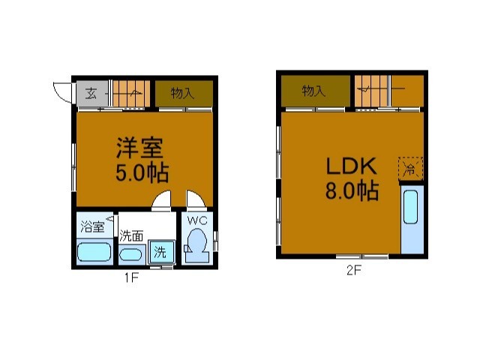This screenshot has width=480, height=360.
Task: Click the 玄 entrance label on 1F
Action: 90,94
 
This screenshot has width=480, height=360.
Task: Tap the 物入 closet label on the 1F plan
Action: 183,93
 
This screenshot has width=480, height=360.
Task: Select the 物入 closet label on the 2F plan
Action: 313,91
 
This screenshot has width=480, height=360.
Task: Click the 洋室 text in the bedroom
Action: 139,146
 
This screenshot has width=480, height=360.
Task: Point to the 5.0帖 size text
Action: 141,172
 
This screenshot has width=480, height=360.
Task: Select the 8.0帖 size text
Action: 350,191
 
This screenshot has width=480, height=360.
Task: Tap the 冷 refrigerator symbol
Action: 411,167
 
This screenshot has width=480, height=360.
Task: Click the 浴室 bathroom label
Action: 94,223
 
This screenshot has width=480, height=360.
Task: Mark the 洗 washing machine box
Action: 160,250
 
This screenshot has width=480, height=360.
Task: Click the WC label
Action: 196,221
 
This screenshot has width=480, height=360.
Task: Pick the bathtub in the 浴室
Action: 95,251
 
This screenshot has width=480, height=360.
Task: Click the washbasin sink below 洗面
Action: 133,253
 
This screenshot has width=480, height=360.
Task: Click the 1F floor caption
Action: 132,278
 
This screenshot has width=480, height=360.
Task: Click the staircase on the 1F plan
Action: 131,93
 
